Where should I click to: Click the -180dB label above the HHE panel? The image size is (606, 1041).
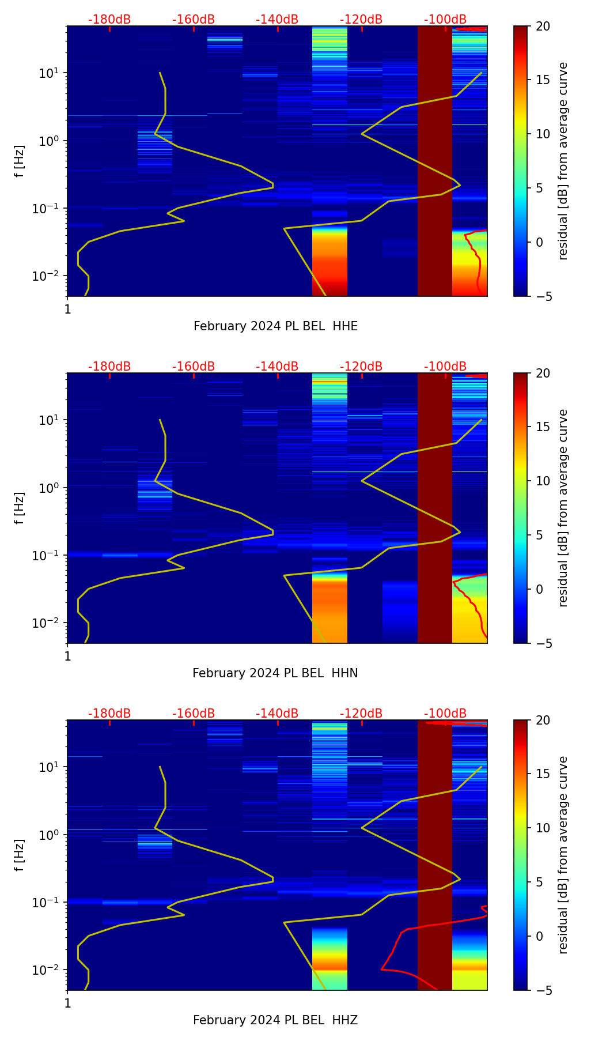pyautogui.click(x=109, y=20)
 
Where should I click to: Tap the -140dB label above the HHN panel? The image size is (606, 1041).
pyautogui.click(x=277, y=367)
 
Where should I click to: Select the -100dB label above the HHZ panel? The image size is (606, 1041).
pyautogui.click(x=445, y=714)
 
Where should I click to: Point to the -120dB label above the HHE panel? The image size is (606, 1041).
pyautogui.click(x=361, y=20)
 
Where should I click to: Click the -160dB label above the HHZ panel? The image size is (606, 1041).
pyautogui.click(x=194, y=714)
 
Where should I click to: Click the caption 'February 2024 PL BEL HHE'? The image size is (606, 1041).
pyautogui.click(x=275, y=326)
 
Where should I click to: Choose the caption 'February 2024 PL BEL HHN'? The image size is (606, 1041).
pyautogui.click(x=275, y=673)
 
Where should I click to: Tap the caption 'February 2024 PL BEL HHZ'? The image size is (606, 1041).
pyautogui.click(x=275, y=1020)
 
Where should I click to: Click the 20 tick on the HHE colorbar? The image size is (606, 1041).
pyautogui.click(x=543, y=27)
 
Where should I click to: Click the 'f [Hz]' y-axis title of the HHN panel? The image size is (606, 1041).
pyautogui.click(x=20, y=508)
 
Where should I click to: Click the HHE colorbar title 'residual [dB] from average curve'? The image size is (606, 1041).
pyautogui.click(x=563, y=161)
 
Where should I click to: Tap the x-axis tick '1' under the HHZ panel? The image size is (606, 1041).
pyautogui.click(x=67, y=1003)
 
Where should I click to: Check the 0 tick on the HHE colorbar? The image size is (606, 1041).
pyautogui.click(x=540, y=242)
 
